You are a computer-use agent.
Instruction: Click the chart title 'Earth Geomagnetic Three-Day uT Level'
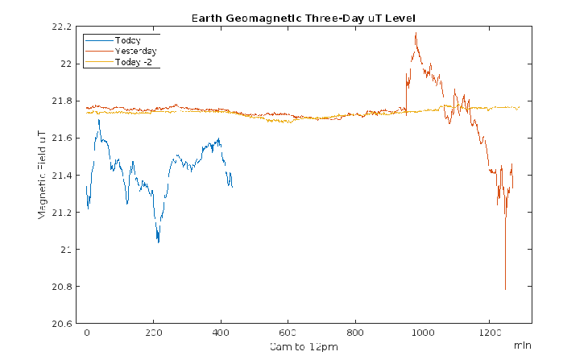pos(303,18)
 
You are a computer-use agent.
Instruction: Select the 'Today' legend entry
pos(128,39)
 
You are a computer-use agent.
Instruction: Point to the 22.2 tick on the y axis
pos(62,27)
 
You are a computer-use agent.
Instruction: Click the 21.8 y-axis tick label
pos(62,101)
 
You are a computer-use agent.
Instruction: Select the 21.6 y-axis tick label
pos(62,139)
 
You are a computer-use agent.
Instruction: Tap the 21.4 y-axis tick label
pos(62,176)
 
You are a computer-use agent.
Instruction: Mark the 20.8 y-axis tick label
pos(62,287)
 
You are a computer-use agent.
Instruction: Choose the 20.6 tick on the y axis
pos(62,324)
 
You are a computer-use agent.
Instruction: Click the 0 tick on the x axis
pos(87,333)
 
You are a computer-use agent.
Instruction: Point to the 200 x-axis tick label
pos(154,333)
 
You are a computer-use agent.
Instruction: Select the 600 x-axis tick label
pos(288,333)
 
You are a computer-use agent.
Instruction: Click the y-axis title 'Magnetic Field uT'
pos(41,175)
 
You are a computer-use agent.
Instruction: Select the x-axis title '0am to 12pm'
pos(303,346)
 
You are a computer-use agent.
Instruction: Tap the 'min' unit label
pos(523,345)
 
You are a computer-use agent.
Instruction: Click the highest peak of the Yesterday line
pos(416,33)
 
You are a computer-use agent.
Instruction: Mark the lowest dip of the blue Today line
pos(158,242)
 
